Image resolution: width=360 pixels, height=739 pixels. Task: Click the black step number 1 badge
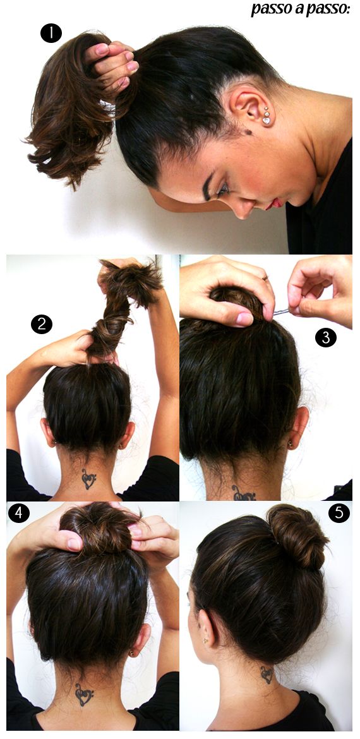(x=51, y=33)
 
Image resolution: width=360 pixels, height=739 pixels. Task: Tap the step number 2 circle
(x=42, y=325)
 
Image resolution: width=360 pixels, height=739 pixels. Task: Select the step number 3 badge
(x=325, y=337)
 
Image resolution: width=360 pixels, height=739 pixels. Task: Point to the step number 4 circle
(x=19, y=513)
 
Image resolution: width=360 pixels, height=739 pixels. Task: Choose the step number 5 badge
(x=339, y=513)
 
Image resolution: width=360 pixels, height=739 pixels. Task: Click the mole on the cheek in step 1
(x=248, y=132)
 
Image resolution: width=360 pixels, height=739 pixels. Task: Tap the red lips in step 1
(x=274, y=203)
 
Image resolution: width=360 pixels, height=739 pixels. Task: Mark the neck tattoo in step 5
(x=268, y=675)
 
